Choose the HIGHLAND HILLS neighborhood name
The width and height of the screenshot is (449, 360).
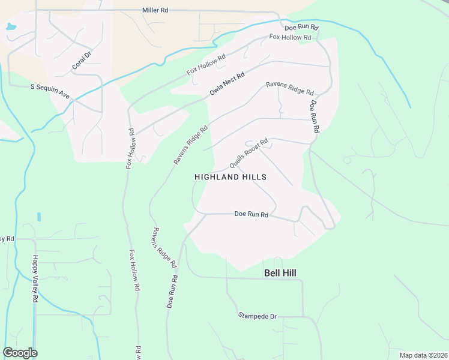(231, 177)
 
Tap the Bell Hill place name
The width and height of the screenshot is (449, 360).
(280, 273)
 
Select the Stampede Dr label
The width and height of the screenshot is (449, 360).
(257, 316)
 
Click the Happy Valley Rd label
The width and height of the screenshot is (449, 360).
(35, 278)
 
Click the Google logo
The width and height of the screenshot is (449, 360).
(20, 353)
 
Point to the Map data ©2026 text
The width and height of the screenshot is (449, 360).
(423, 355)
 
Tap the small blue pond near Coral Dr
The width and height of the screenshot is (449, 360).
(11, 27)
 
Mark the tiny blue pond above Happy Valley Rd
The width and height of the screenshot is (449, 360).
(39, 217)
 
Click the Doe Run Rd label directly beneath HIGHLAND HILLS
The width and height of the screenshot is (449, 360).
(251, 214)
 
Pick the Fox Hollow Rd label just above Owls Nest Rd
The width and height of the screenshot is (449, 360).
(206, 65)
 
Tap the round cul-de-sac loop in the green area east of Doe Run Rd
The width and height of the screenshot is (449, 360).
(346, 160)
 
